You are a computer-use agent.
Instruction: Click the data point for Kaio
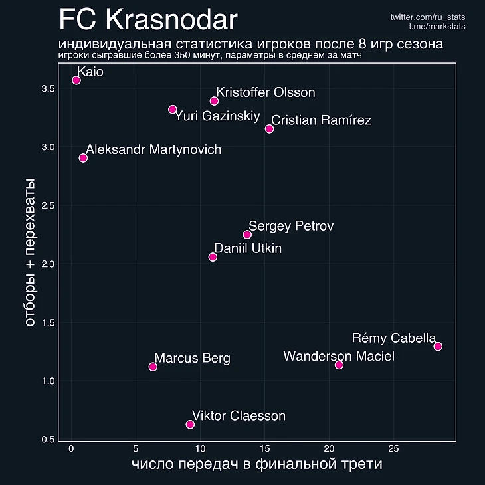76,80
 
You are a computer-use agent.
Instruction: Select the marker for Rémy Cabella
438,346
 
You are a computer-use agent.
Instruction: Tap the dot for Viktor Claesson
190,424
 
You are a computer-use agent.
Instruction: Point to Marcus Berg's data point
153,367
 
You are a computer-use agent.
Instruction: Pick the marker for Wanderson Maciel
339,365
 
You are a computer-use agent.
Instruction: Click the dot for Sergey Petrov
247,235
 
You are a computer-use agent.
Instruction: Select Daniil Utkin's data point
213,257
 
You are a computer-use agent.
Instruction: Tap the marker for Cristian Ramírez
269,129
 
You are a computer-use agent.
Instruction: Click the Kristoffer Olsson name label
266,92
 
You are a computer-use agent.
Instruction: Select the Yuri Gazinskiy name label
217,116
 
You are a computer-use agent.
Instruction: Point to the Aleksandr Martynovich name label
153,149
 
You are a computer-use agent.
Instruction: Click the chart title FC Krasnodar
147,20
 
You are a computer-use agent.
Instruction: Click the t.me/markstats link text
437,26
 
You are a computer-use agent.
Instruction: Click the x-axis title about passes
256,464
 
